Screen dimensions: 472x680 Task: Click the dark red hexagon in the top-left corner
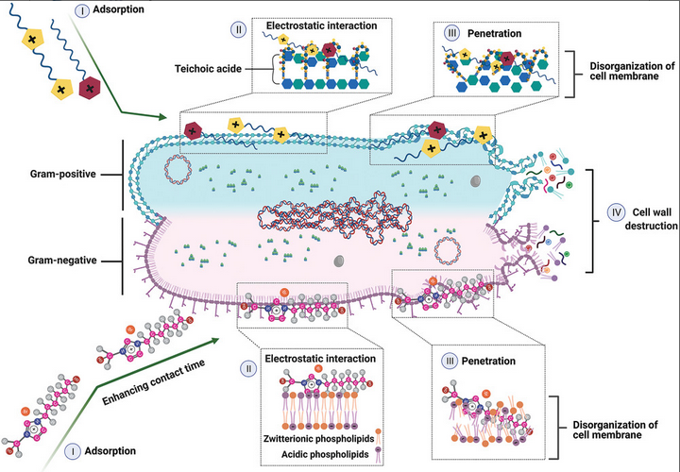pyautogui.click(x=89, y=89)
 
